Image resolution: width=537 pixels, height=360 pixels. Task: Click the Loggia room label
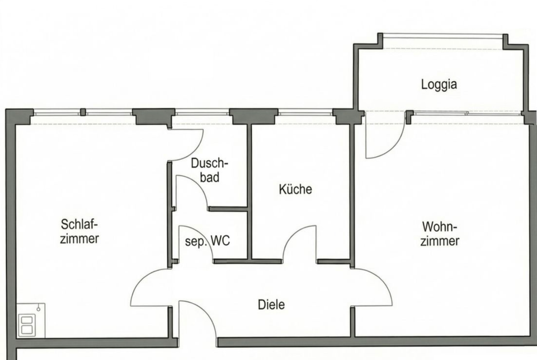[439, 85]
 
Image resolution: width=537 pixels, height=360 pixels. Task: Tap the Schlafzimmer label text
[80, 231]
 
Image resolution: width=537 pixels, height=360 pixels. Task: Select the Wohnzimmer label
[440, 234]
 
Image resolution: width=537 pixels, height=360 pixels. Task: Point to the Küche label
[295, 189]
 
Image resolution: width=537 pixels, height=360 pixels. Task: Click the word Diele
[271, 305]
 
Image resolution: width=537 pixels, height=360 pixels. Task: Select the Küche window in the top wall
[305, 114]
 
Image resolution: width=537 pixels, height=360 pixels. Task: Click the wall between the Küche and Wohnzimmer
[352, 190]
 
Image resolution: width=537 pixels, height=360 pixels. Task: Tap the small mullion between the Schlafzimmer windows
[83, 112]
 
